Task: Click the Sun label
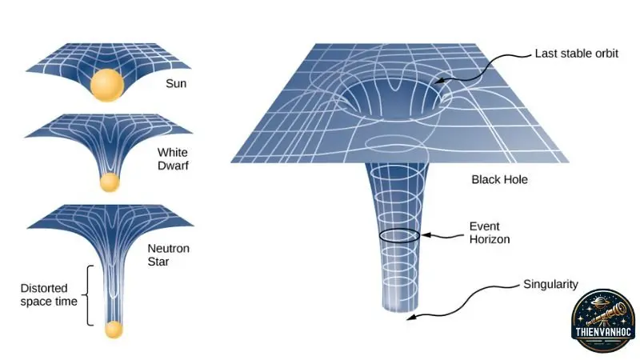(x=176, y=83)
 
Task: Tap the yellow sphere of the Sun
(x=107, y=85)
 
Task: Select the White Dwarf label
(x=173, y=158)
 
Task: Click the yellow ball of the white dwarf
(x=110, y=182)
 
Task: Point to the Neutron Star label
(x=168, y=254)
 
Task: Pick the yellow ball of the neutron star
(x=114, y=330)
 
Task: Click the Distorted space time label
(x=49, y=294)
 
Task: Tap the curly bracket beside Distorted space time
(x=87, y=295)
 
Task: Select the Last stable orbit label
(x=576, y=54)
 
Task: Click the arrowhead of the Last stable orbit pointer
(x=438, y=81)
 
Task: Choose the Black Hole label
(x=499, y=179)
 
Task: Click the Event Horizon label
(x=490, y=233)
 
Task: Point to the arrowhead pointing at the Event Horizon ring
(x=426, y=234)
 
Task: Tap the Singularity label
(x=550, y=284)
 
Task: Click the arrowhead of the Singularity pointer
(x=411, y=317)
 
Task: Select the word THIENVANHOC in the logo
(x=603, y=332)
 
